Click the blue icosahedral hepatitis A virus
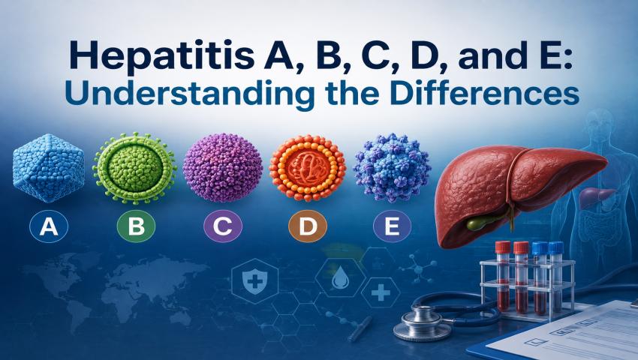click(x=49, y=168)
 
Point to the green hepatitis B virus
click(x=134, y=167)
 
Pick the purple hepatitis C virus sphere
click(x=223, y=167)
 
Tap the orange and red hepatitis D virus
click(x=308, y=167)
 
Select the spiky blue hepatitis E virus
click(x=392, y=167)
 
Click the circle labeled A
click(x=49, y=226)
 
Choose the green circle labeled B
click(x=136, y=226)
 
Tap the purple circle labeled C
click(x=223, y=226)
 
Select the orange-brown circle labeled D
click(x=308, y=226)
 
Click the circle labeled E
click(x=392, y=226)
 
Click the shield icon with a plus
click(x=254, y=280)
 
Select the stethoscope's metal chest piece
click(x=422, y=321)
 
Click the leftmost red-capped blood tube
click(x=503, y=276)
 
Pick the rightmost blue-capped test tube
click(x=555, y=277)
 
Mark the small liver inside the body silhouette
click(x=596, y=197)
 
